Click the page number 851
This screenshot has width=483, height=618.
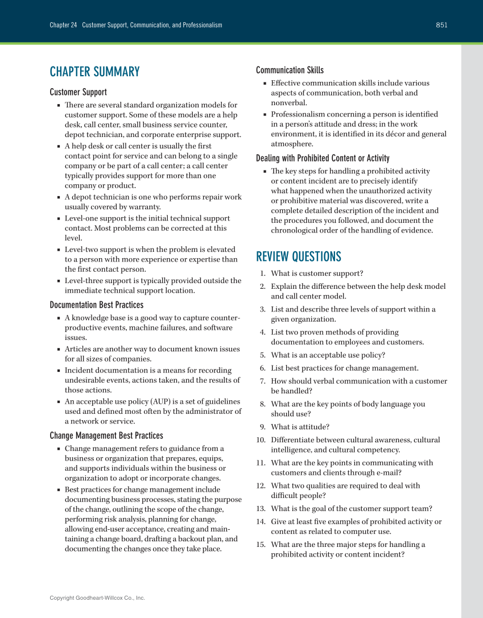tap(441, 25)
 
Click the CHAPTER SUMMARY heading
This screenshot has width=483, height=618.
tap(94, 72)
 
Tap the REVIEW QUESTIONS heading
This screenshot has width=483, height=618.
tap(299, 256)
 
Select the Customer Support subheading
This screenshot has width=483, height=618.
tap(78, 92)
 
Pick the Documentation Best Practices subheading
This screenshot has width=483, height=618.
tap(96, 305)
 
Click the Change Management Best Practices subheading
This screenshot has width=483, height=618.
tap(106, 435)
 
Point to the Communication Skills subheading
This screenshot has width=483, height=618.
tap(290, 70)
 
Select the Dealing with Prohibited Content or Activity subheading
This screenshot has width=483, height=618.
tap(323, 158)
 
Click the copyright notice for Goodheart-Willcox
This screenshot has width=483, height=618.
tap(97, 598)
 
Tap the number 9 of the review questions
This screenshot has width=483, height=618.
tap(263, 427)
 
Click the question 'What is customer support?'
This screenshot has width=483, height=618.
tap(317, 273)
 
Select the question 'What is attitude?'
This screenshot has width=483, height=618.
tap(300, 427)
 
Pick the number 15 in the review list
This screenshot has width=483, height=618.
tap(261, 545)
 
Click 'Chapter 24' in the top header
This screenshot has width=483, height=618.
tap(63, 25)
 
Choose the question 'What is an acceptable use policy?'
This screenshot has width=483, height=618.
tap(328, 355)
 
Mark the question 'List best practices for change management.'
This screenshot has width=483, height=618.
tap(344, 368)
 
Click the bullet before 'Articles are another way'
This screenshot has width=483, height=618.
tap(59, 350)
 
